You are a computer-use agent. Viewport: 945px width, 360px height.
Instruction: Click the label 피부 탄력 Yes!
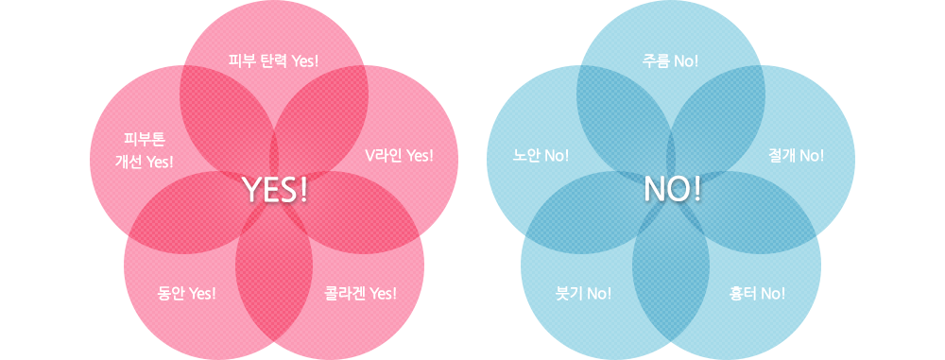(274, 61)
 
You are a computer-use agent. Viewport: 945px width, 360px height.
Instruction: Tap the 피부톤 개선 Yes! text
(144, 150)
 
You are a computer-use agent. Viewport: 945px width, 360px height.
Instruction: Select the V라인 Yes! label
(399, 155)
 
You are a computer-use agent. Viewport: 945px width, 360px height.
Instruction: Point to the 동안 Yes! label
(186, 293)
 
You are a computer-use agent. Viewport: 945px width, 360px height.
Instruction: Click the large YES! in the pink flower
(276, 190)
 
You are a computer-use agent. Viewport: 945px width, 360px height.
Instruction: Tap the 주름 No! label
(670, 61)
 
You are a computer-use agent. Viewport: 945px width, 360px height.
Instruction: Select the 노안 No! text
(541, 155)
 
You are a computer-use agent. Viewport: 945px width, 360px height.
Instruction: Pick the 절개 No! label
(797, 155)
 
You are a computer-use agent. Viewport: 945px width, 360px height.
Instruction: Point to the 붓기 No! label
(583, 293)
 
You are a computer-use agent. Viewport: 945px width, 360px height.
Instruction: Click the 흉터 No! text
(757, 293)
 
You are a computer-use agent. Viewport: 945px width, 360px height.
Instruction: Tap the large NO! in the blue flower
(672, 190)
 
